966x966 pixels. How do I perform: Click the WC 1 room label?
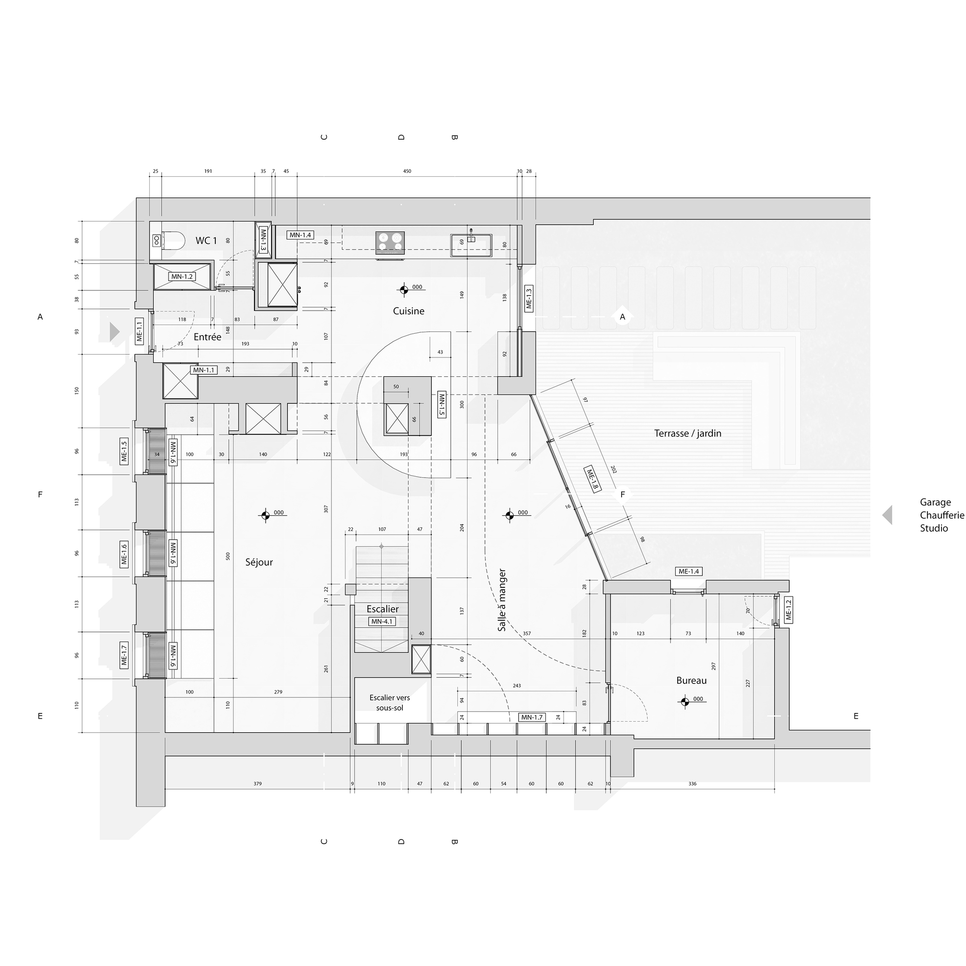click(x=206, y=241)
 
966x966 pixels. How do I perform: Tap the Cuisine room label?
click(x=409, y=311)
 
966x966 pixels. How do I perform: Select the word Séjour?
click(x=259, y=562)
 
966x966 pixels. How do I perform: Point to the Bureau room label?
click(x=692, y=681)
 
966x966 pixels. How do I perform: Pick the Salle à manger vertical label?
click(x=502, y=600)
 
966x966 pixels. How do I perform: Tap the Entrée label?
click(x=208, y=337)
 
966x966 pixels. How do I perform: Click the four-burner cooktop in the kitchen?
click(x=390, y=242)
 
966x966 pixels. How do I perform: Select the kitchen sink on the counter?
click(x=471, y=244)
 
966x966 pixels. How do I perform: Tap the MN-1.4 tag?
click(x=300, y=235)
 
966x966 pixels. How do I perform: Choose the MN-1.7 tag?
click(x=531, y=717)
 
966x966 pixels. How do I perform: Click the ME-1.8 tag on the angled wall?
click(x=592, y=480)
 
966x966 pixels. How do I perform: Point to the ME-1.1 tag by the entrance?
click(x=139, y=331)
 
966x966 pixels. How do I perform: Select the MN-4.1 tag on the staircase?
click(x=382, y=622)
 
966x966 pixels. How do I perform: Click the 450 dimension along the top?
click(x=407, y=171)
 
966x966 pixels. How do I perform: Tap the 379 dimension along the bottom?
click(x=257, y=783)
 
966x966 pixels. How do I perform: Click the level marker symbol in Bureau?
click(x=684, y=701)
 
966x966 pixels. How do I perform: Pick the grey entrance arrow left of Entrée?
click(x=115, y=331)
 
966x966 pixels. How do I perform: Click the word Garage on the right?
click(x=935, y=502)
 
